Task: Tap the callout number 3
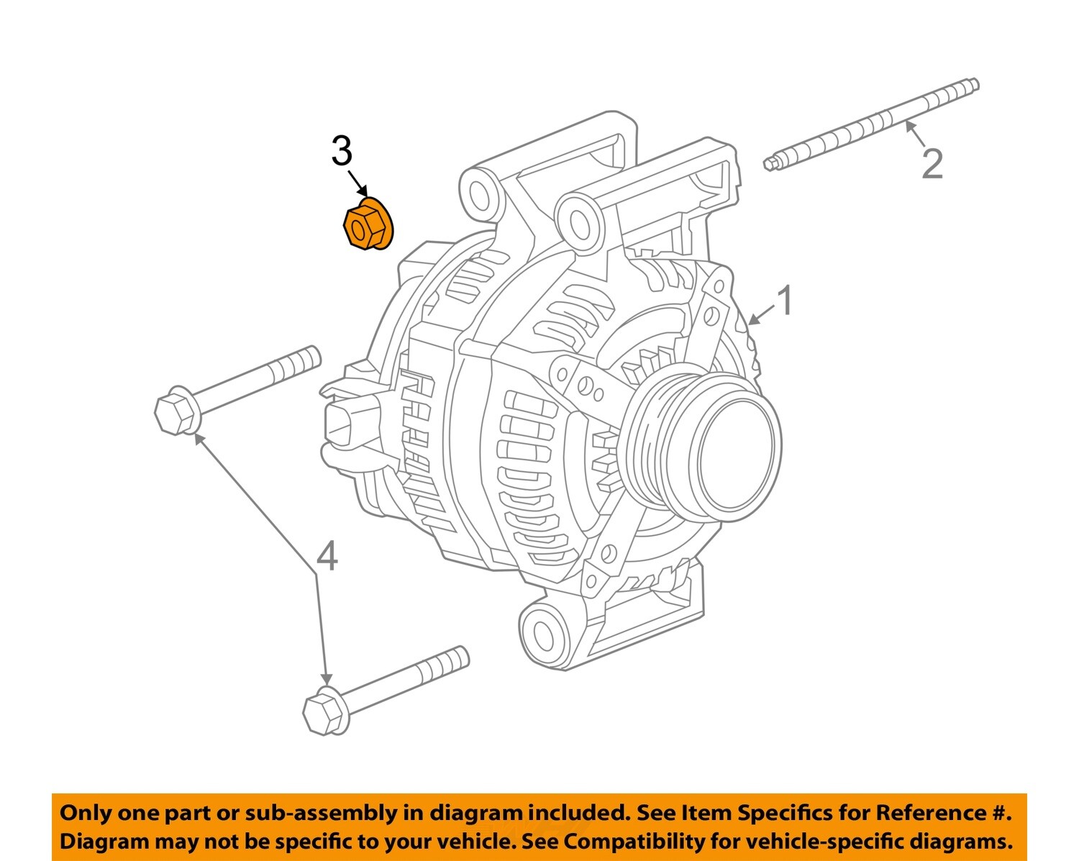[x=342, y=152]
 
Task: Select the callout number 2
[x=932, y=165]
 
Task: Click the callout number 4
[x=327, y=556]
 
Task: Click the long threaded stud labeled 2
[x=870, y=124]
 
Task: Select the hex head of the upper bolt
[x=173, y=414]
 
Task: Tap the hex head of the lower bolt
[x=321, y=713]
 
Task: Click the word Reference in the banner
[x=929, y=813]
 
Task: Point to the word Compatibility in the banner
[x=650, y=841]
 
